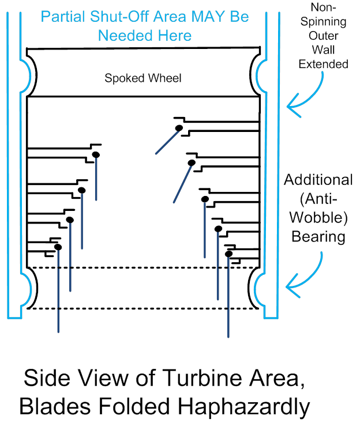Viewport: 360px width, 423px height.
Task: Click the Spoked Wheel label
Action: tap(142, 78)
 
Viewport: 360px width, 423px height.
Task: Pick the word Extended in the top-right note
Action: tap(323, 64)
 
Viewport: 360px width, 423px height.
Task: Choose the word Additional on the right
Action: tap(318, 180)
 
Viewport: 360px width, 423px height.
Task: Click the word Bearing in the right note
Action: tap(318, 236)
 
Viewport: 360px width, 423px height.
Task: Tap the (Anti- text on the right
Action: tap(318, 199)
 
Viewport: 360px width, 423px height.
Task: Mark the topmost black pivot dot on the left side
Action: tap(96, 154)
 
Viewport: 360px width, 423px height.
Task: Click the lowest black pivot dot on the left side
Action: tap(58, 247)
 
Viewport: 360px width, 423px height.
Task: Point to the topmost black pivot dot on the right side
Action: tap(179, 127)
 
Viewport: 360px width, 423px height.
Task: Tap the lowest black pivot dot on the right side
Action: tap(228, 254)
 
